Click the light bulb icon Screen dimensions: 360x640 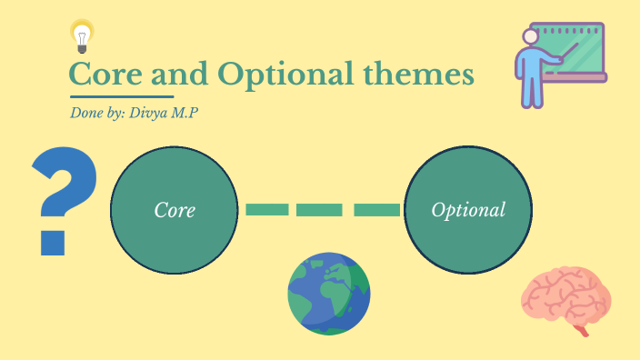83,35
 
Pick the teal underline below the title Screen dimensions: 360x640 121,95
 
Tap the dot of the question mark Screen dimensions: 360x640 52,242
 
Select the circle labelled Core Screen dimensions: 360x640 175,210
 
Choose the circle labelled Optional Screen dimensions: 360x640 467,210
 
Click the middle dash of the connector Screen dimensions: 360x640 320,210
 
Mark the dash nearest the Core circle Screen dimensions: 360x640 266,210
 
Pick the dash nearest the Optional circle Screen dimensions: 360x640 375,210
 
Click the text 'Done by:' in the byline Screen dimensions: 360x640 94,115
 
